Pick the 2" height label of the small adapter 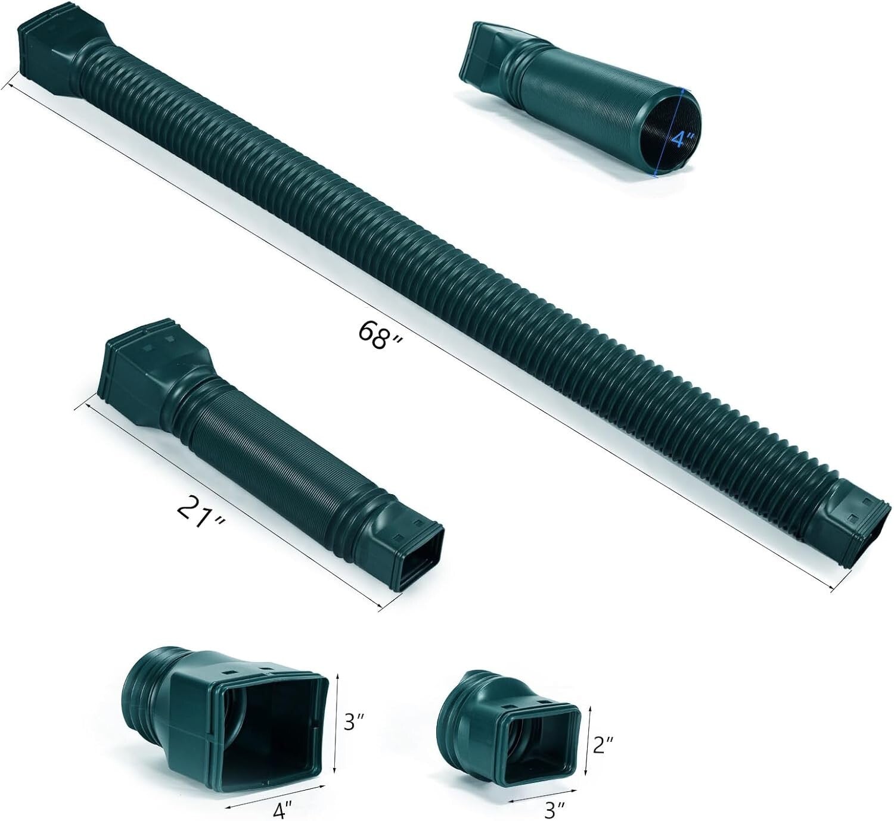pyautogui.click(x=603, y=744)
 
